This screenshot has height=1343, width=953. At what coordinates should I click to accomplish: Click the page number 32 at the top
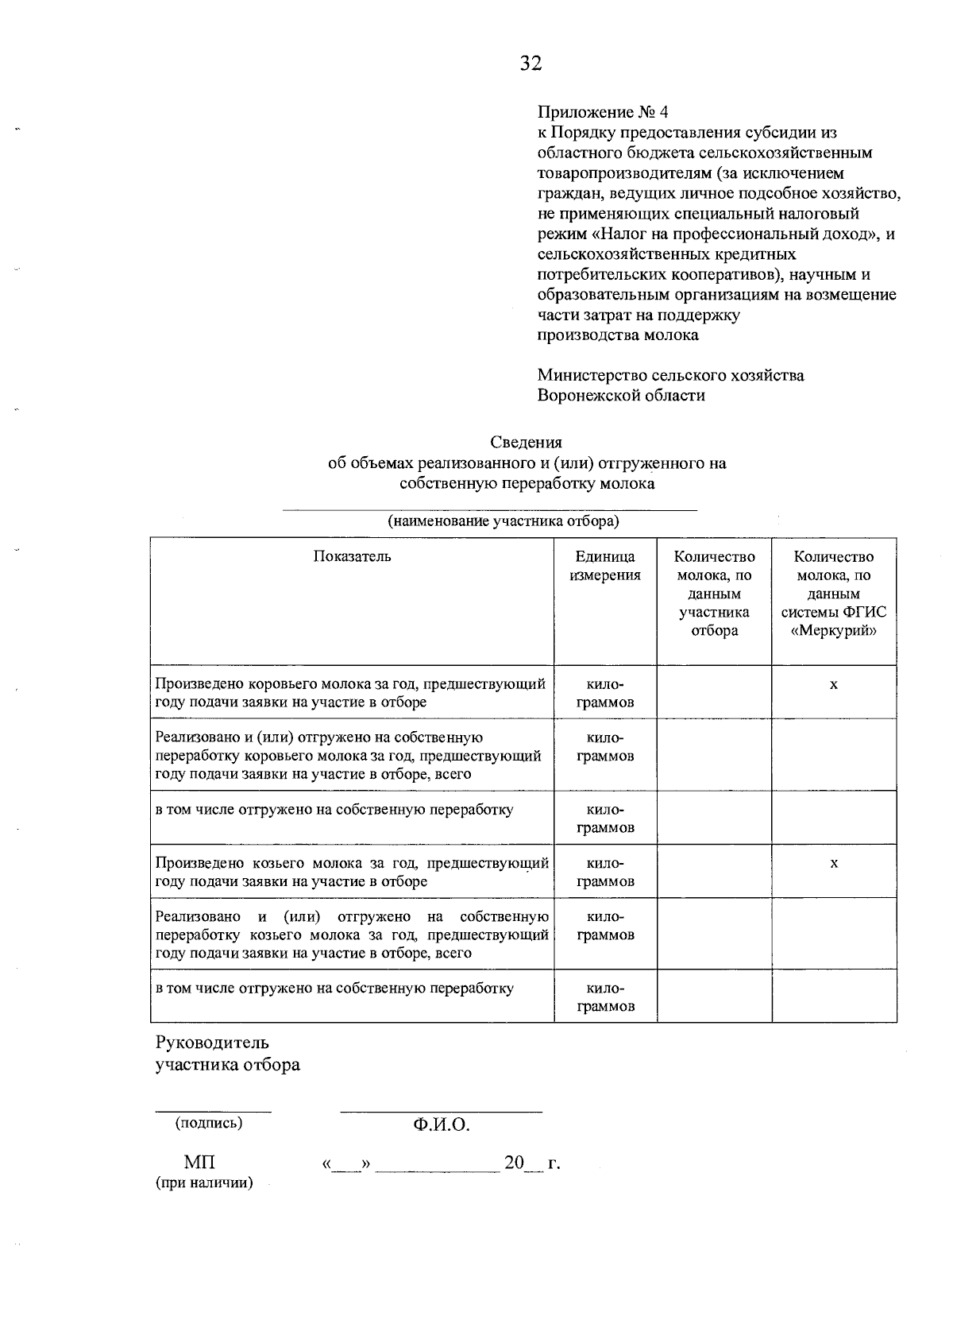[531, 64]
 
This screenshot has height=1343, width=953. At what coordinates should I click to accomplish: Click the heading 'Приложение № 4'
[603, 111]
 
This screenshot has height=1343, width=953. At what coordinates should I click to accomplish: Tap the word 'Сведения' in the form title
[526, 442]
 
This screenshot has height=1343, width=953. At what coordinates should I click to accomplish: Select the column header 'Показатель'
[352, 556]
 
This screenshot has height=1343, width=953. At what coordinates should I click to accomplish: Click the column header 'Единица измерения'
[605, 566]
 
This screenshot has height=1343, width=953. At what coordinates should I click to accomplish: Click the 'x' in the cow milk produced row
[833, 685]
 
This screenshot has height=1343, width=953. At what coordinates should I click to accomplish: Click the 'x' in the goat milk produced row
[833, 864]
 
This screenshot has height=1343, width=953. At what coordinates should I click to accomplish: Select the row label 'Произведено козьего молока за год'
[352, 872]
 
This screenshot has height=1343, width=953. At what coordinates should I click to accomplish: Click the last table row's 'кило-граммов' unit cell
[605, 997]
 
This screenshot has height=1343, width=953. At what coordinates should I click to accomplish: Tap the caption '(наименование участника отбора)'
[503, 522]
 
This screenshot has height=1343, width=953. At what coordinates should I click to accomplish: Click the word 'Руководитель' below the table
[212, 1043]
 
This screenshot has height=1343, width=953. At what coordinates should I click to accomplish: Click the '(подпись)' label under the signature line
[209, 1123]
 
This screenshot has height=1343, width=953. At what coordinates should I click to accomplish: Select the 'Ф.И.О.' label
[442, 1125]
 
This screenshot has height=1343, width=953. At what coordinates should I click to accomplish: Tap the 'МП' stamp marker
[199, 1163]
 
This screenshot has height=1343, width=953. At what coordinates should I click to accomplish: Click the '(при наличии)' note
[204, 1183]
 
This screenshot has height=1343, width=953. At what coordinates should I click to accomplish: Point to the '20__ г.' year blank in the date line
[531, 1163]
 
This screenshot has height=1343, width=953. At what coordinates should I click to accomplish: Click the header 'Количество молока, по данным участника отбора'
[714, 594]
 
